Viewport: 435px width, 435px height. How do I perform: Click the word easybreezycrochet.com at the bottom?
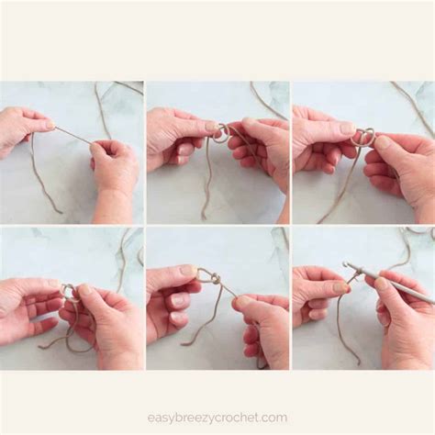click(217, 418)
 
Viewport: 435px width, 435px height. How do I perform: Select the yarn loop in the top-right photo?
click(364, 137)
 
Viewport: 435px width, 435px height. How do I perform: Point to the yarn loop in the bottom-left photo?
click(68, 292)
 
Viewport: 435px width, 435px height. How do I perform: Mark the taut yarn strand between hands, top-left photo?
click(73, 134)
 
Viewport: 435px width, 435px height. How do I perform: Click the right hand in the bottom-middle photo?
click(261, 326)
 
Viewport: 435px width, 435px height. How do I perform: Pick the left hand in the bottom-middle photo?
click(170, 298)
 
